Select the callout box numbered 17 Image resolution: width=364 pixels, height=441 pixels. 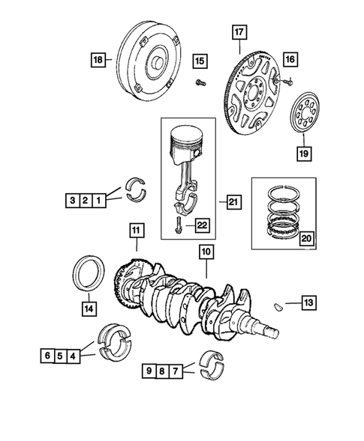[238, 32]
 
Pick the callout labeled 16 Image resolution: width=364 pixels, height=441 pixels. [290, 58]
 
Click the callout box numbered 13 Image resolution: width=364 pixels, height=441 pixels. [310, 302]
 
